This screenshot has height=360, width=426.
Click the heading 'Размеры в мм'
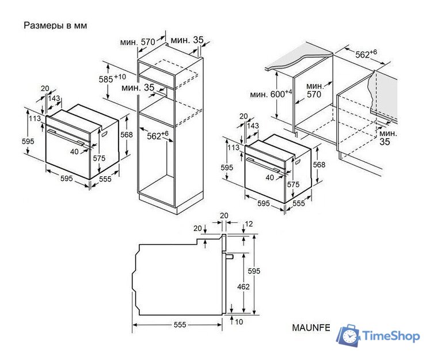(58, 26)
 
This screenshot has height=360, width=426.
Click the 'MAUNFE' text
(311, 328)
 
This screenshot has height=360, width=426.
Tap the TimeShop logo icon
(348, 336)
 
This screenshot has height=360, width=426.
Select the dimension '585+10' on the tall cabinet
(112, 78)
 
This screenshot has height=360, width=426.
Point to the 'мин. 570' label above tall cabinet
(138, 41)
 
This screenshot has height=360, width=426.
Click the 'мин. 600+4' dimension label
(271, 93)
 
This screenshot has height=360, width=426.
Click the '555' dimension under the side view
(180, 325)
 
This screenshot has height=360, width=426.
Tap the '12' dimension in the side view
(249, 223)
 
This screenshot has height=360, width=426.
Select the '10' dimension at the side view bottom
(239, 322)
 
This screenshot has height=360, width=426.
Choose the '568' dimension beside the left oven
(127, 135)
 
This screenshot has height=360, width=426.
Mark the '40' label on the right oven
(270, 177)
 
